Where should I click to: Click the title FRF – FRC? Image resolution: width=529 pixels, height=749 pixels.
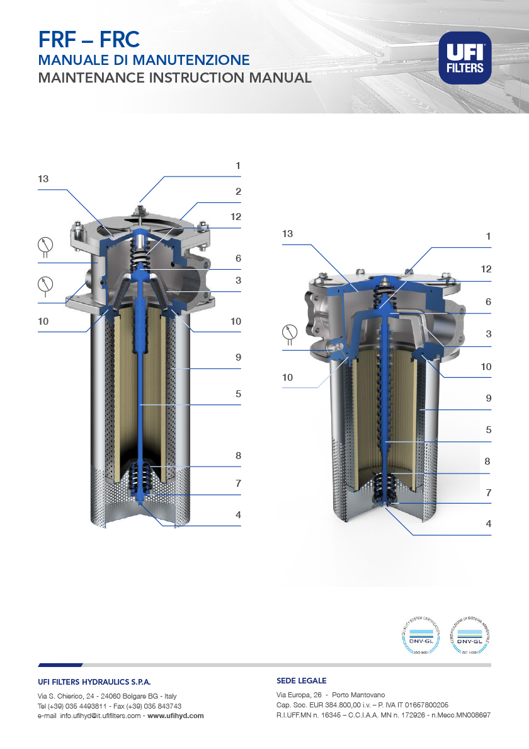88,40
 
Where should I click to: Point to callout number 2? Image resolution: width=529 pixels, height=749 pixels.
238,192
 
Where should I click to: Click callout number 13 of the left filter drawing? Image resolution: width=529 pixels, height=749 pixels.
43,179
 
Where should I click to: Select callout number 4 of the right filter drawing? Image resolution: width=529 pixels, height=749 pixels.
488,523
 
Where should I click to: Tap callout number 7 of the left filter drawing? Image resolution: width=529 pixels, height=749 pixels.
238,484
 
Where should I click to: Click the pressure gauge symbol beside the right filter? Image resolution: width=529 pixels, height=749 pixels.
290,331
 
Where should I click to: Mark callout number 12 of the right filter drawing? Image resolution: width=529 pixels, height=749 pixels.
486,269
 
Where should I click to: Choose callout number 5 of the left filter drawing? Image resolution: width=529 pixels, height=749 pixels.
238,394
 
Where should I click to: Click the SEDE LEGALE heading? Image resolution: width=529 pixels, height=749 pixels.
301,681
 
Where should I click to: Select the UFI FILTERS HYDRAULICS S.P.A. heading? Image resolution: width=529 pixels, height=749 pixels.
94,682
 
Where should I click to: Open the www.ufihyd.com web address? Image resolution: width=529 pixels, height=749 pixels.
176,716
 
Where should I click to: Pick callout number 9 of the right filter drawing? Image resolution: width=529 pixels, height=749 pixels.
488,398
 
